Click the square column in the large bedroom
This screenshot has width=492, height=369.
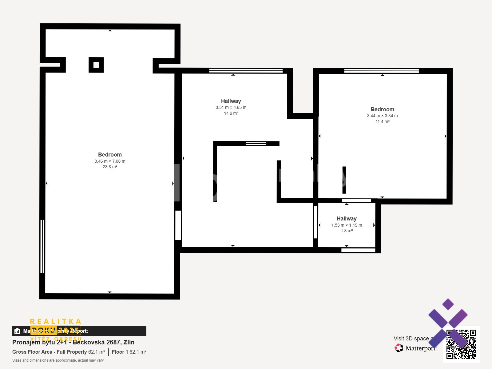[x=96, y=65]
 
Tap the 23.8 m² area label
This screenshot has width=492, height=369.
[x=110, y=167]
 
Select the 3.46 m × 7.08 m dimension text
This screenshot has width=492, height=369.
[x=110, y=161]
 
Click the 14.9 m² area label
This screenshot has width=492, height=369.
[x=231, y=113]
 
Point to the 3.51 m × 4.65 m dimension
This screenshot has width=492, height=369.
[x=231, y=108]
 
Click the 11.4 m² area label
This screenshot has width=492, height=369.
[x=382, y=122]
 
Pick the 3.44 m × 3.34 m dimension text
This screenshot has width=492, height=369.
[x=382, y=116]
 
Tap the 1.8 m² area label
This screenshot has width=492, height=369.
[x=347, y=231]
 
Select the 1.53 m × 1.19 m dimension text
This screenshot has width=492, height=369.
[x=347, y=225]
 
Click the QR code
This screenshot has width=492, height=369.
[x=461, y=344]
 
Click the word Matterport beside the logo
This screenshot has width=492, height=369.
[x=420, y=348]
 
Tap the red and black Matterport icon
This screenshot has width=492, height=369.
[x=399, y=348]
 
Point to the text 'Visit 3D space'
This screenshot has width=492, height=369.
[x=411, y=339]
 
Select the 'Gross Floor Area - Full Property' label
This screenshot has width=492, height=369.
[x=50, y=352]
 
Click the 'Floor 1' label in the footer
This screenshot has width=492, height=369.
[x=120, y=352]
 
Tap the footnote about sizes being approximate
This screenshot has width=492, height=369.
[x=58, y=360]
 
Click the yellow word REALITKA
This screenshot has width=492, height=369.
[x=56, y=322]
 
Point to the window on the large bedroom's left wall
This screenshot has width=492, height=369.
[x=42, y=246]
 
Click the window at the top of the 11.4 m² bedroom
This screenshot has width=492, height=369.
[x=381, y=71]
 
